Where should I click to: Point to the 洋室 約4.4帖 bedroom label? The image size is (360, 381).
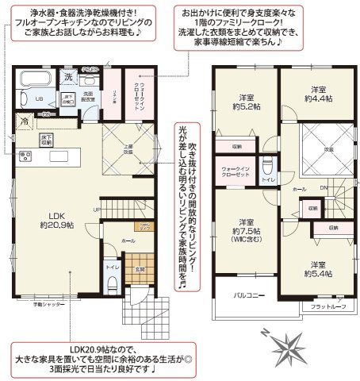pos(320,94)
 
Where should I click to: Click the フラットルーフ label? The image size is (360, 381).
pos(327,306)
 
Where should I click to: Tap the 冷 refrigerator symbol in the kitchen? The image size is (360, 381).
pos(25,121)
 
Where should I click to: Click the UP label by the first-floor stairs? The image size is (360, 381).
pos(97,209)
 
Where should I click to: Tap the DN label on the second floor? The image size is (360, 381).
pos(324,187)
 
